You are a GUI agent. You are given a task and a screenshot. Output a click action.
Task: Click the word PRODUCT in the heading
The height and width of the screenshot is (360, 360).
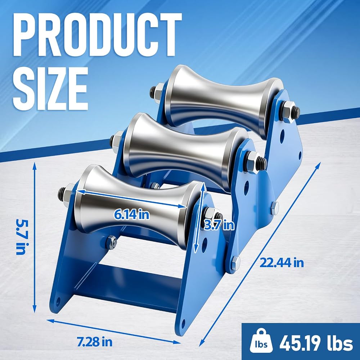[98, 35]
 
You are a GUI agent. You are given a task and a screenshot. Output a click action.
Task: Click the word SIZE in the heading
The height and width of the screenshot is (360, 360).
[50, 89]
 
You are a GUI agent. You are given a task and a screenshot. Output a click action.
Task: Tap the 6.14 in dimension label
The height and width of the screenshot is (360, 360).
[132, 215]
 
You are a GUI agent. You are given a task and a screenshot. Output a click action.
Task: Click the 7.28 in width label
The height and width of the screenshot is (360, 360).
[95, 342]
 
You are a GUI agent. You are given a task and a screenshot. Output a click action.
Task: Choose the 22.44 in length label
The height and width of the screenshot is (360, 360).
[282, 262]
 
